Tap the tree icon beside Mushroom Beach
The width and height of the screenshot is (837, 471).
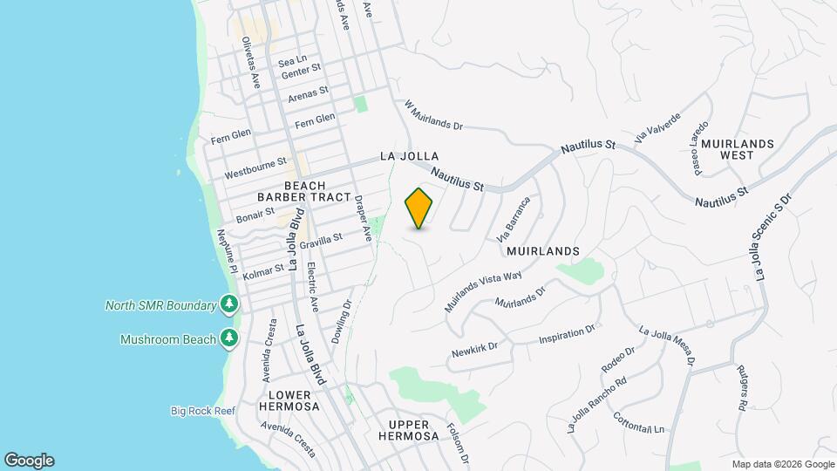[x=229, y=338]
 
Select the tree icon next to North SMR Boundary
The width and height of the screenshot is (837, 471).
[x=229, y=304]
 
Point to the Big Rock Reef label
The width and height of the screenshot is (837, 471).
[x=203, y=410]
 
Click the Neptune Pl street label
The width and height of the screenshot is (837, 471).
[x=225, y=251]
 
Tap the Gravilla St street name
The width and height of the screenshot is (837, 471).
[x=321, y=240]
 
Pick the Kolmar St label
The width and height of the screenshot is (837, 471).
[x=263, y=272]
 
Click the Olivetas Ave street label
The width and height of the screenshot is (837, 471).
[x=251, y=62]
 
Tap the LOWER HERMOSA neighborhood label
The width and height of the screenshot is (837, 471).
[x=289, y=400]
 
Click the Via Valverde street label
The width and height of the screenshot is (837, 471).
[x=657, y=132]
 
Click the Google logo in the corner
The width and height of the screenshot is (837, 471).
[x=30, y=460]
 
